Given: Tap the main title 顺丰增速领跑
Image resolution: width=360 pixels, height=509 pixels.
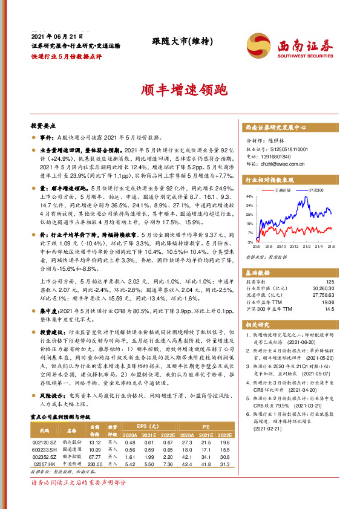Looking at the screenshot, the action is click(x=180, y=91).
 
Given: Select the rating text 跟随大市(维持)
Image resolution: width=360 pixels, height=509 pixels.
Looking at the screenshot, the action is click(x=177, y=42).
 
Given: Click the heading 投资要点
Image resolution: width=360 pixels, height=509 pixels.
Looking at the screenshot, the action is click(x=44, y=126).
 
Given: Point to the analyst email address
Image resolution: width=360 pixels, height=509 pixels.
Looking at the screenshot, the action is click(x=280, y=163).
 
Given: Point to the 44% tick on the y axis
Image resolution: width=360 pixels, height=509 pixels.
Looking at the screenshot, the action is click(x=250, y=196).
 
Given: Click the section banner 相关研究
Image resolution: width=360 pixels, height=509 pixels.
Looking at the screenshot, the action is click(x=259, y=323).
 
